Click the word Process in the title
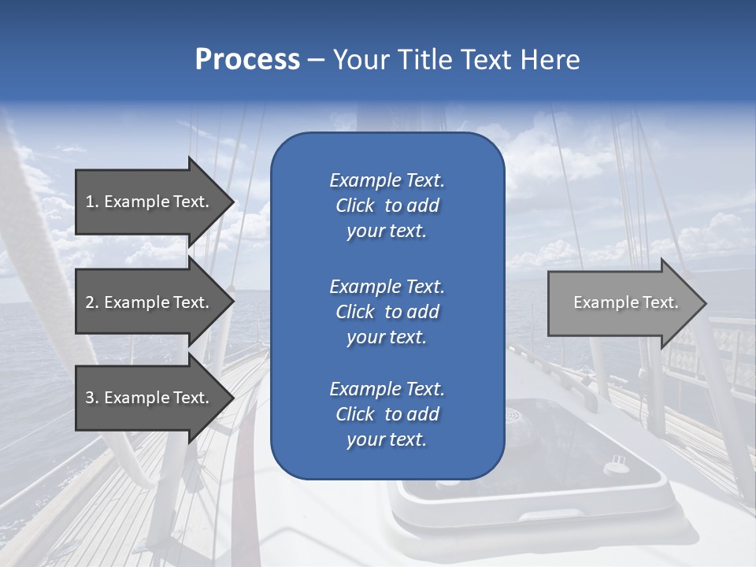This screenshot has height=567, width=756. click(x=247, y=60)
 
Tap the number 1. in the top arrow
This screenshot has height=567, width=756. click(x=92, y=202)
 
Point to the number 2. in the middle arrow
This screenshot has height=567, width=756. click(x=92, y=302)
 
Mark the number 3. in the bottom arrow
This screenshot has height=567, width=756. click(x=92, y=398)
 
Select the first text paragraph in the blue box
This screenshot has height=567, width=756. click(x=387, y=206)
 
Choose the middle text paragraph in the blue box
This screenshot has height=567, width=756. click(x=387, y=312)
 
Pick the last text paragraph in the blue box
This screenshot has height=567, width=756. click(x=387, y=414)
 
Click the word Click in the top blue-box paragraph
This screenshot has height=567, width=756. click(x=354, y=206)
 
